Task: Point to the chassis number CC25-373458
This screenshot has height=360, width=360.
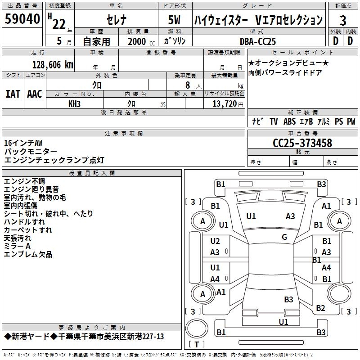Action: click(302, 143)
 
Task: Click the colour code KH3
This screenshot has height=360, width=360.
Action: click(74, 103)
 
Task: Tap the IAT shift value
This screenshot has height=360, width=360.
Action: click(13, 94)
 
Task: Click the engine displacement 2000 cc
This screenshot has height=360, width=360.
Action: click(137, 41)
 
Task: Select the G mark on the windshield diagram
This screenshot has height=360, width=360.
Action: click(284, 237)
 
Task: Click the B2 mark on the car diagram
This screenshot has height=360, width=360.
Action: click(320, 308)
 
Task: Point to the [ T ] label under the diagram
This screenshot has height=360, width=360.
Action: click(197, 345)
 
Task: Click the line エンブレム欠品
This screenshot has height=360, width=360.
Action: click(28, 255)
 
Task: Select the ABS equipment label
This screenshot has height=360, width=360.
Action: click(290, 121)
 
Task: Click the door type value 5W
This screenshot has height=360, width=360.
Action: click(174, 20)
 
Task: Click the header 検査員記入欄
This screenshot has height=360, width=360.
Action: click(92, 173)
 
